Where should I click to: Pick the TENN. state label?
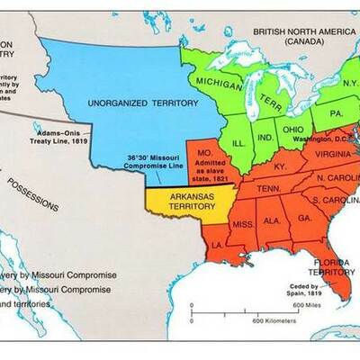click(267, 188)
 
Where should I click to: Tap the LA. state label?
click(216, 244)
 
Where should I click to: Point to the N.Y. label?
click(350, 82)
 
